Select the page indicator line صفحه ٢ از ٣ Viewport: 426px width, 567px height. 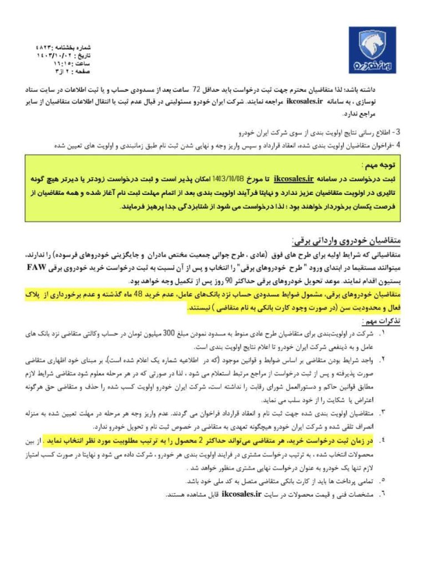tap(59, 71)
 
